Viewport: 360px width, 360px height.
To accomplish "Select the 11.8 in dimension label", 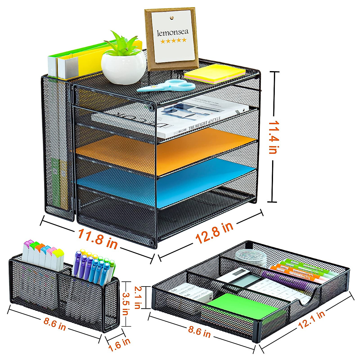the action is click(98, 239).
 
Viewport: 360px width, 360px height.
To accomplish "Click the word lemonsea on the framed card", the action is click(172, 33).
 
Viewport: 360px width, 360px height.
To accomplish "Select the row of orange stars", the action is click(173, 40).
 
